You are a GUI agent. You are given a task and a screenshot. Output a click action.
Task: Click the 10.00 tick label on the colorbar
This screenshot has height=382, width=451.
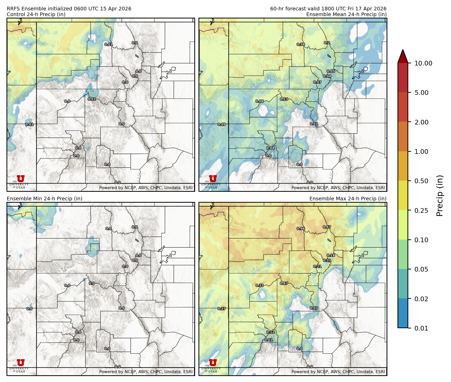click(x=423, y=63)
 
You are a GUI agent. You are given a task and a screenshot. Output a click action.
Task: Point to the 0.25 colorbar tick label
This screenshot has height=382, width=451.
click(x=421, y=210)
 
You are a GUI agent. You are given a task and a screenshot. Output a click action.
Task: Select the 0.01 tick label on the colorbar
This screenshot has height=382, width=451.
click(x=421, y=328)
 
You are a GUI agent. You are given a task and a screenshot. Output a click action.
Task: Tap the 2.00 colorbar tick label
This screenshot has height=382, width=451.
click(x=421, y=122)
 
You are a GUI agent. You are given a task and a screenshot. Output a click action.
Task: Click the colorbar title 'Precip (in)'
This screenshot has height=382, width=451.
click(x=440, y=195)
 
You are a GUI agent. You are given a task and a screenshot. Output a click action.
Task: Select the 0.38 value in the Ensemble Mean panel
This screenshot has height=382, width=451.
click(x=301, y=44)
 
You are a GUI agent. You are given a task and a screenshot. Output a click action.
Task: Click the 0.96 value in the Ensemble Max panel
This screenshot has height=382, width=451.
click(x=301, y=229)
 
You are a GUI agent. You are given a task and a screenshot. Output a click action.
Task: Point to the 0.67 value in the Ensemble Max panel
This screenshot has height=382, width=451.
click(x=327, y=227)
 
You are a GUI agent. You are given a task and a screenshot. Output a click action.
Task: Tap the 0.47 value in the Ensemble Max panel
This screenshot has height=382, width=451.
click(x=284, y=283)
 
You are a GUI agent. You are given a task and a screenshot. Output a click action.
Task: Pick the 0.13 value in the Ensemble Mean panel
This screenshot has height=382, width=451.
click(x=284, y=99)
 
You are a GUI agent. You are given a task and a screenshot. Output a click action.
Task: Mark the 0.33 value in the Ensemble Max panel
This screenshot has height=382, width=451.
click(x=260, y=285)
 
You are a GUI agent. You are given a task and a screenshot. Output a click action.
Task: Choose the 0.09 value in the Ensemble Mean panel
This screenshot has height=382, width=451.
click(x=222, y=124)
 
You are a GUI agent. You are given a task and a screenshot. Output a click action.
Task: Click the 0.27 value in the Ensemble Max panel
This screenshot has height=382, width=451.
click(x=222, y=309)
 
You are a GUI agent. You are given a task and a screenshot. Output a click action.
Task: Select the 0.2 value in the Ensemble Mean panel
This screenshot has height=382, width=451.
click(x=327, y=43)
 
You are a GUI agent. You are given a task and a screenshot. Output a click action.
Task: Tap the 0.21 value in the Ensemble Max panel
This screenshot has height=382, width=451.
click(x=317, y=266)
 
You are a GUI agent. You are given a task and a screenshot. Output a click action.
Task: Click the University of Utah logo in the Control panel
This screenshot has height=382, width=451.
click(x=21, y=181)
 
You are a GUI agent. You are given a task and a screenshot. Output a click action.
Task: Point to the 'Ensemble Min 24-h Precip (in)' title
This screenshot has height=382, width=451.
click(x=44, y=199)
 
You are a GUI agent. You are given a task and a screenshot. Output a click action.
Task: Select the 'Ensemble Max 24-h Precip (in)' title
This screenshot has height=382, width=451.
click(x=348, y=199)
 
